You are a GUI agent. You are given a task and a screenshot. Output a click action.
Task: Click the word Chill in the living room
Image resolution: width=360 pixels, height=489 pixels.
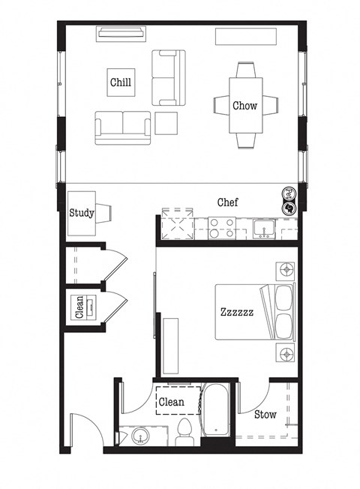[x=121, y=82]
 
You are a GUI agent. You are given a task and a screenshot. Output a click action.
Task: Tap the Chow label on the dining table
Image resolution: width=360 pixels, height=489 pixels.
[x=244, y=106]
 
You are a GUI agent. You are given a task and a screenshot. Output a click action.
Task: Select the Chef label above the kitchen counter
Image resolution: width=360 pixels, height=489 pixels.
[x=228, y=202]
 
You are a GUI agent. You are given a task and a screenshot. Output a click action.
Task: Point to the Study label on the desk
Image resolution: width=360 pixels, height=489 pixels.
[x=82, y=213]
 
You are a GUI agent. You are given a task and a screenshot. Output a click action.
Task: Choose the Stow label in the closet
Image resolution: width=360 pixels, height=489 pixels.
[x=265, y=414]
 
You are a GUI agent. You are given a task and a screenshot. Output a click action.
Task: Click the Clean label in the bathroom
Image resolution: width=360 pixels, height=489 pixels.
[x=172, y=402]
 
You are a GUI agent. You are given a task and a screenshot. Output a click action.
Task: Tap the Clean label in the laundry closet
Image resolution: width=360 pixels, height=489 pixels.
[x=79, y=307]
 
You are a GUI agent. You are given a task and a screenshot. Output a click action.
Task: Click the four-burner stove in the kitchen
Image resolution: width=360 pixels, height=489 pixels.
[x=221, y=227]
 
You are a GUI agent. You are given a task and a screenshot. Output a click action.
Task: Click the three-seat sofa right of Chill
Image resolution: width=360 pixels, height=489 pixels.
[x=168, y=78]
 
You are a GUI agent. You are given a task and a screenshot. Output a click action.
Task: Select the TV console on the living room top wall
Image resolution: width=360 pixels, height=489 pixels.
[x=120, y=33]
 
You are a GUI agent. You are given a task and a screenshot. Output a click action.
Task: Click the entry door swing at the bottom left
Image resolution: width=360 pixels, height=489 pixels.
[x=83, y=431]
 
